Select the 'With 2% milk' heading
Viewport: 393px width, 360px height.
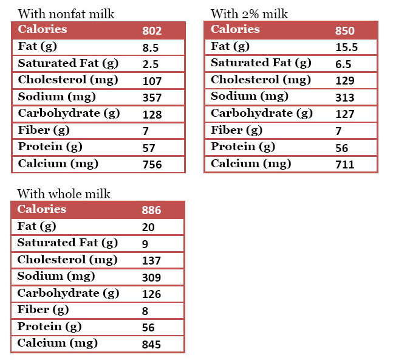249,14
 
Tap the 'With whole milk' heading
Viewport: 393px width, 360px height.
64,194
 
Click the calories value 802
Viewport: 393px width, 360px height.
152,31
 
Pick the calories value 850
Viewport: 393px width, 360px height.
344,31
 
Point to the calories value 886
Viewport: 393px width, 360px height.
151,211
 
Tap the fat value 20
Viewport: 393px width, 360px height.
148,227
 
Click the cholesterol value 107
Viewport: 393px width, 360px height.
151,81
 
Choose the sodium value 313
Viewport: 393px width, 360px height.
344,98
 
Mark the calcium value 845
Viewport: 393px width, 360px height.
151,345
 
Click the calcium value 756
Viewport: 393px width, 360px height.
151,165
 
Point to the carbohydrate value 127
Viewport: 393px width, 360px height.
344,114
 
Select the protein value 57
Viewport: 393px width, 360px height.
148,148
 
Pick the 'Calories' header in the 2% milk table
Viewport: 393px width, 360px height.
235,30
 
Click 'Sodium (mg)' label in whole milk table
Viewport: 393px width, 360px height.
56,277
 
